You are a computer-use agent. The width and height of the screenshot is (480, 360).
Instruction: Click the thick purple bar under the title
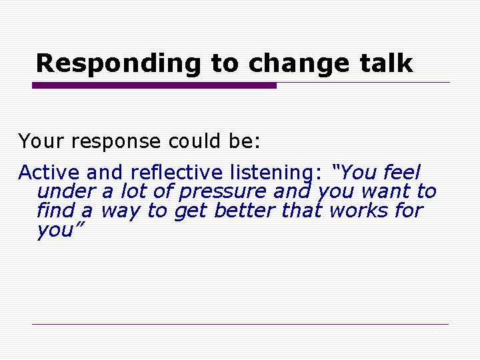point(154,85)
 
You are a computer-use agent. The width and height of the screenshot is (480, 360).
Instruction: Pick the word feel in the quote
point(402,173)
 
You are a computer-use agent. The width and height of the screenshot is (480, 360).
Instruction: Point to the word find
point(55,211)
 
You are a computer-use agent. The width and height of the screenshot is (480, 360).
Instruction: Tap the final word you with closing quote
point(57,231)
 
